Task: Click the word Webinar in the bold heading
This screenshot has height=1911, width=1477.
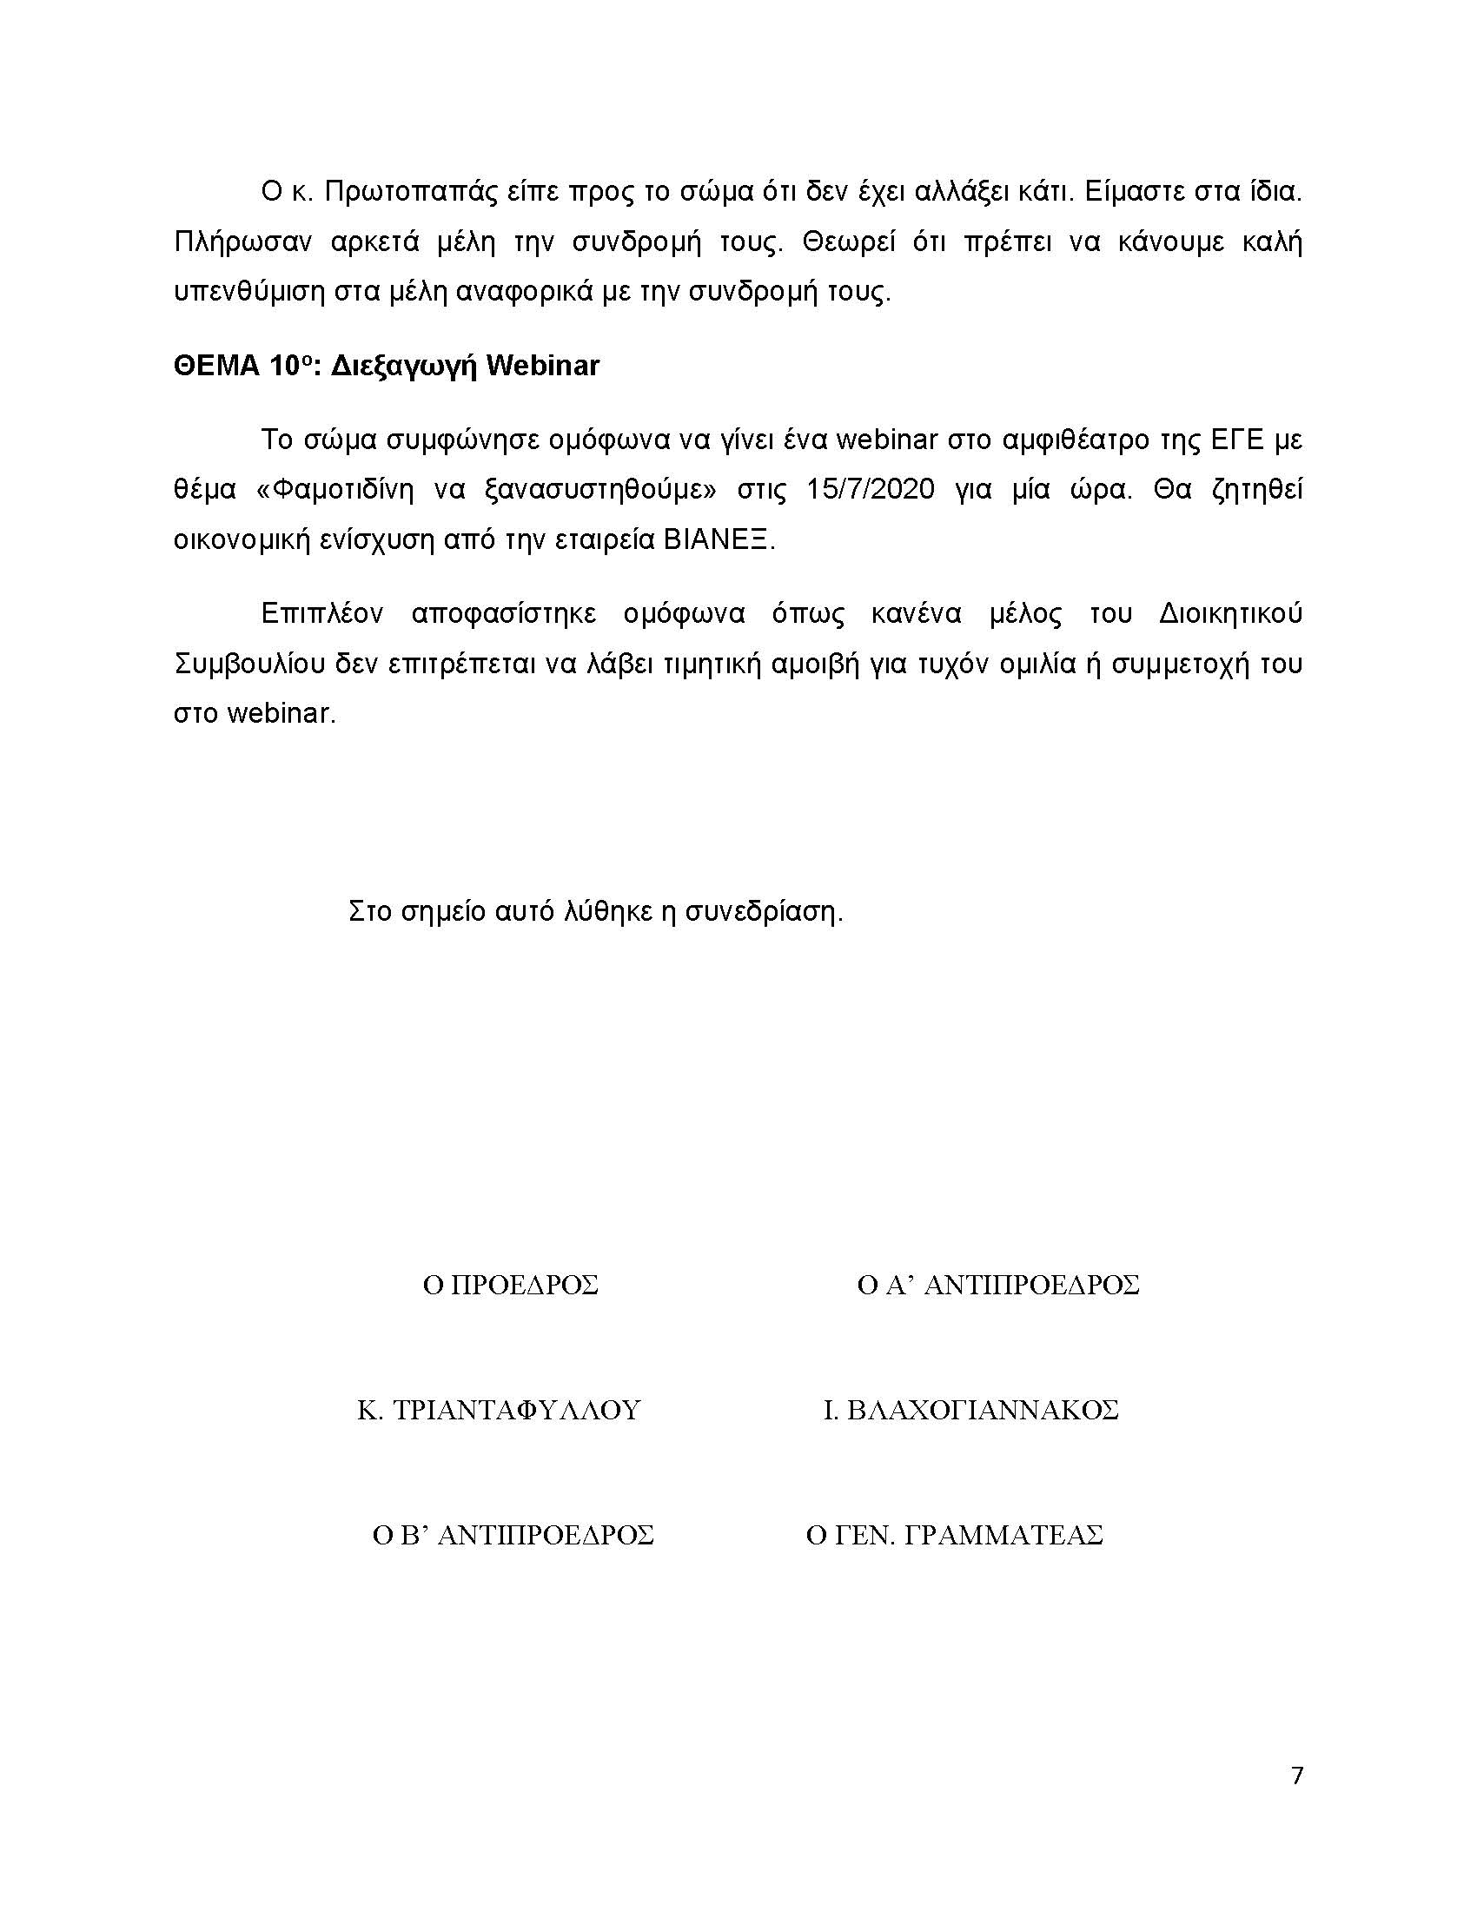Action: (x=542, y=365)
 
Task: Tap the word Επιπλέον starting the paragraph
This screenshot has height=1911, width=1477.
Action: (x=322, y=613)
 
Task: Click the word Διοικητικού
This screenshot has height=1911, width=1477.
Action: (x=1230, y=613)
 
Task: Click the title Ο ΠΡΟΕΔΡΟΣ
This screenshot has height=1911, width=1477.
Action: (x=510, y=1286)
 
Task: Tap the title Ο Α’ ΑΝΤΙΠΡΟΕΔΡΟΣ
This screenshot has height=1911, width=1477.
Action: (x=998, y=1286)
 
